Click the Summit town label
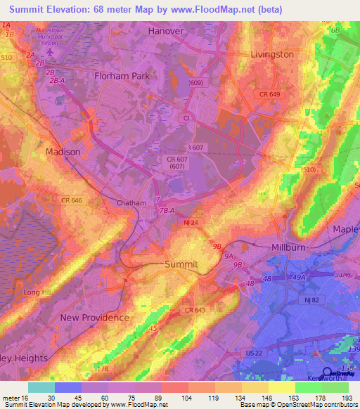[x=181, y=264]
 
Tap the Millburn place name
[x=291, y=248]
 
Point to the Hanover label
[x=166, y=32]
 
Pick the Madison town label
[x=63, y=152]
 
